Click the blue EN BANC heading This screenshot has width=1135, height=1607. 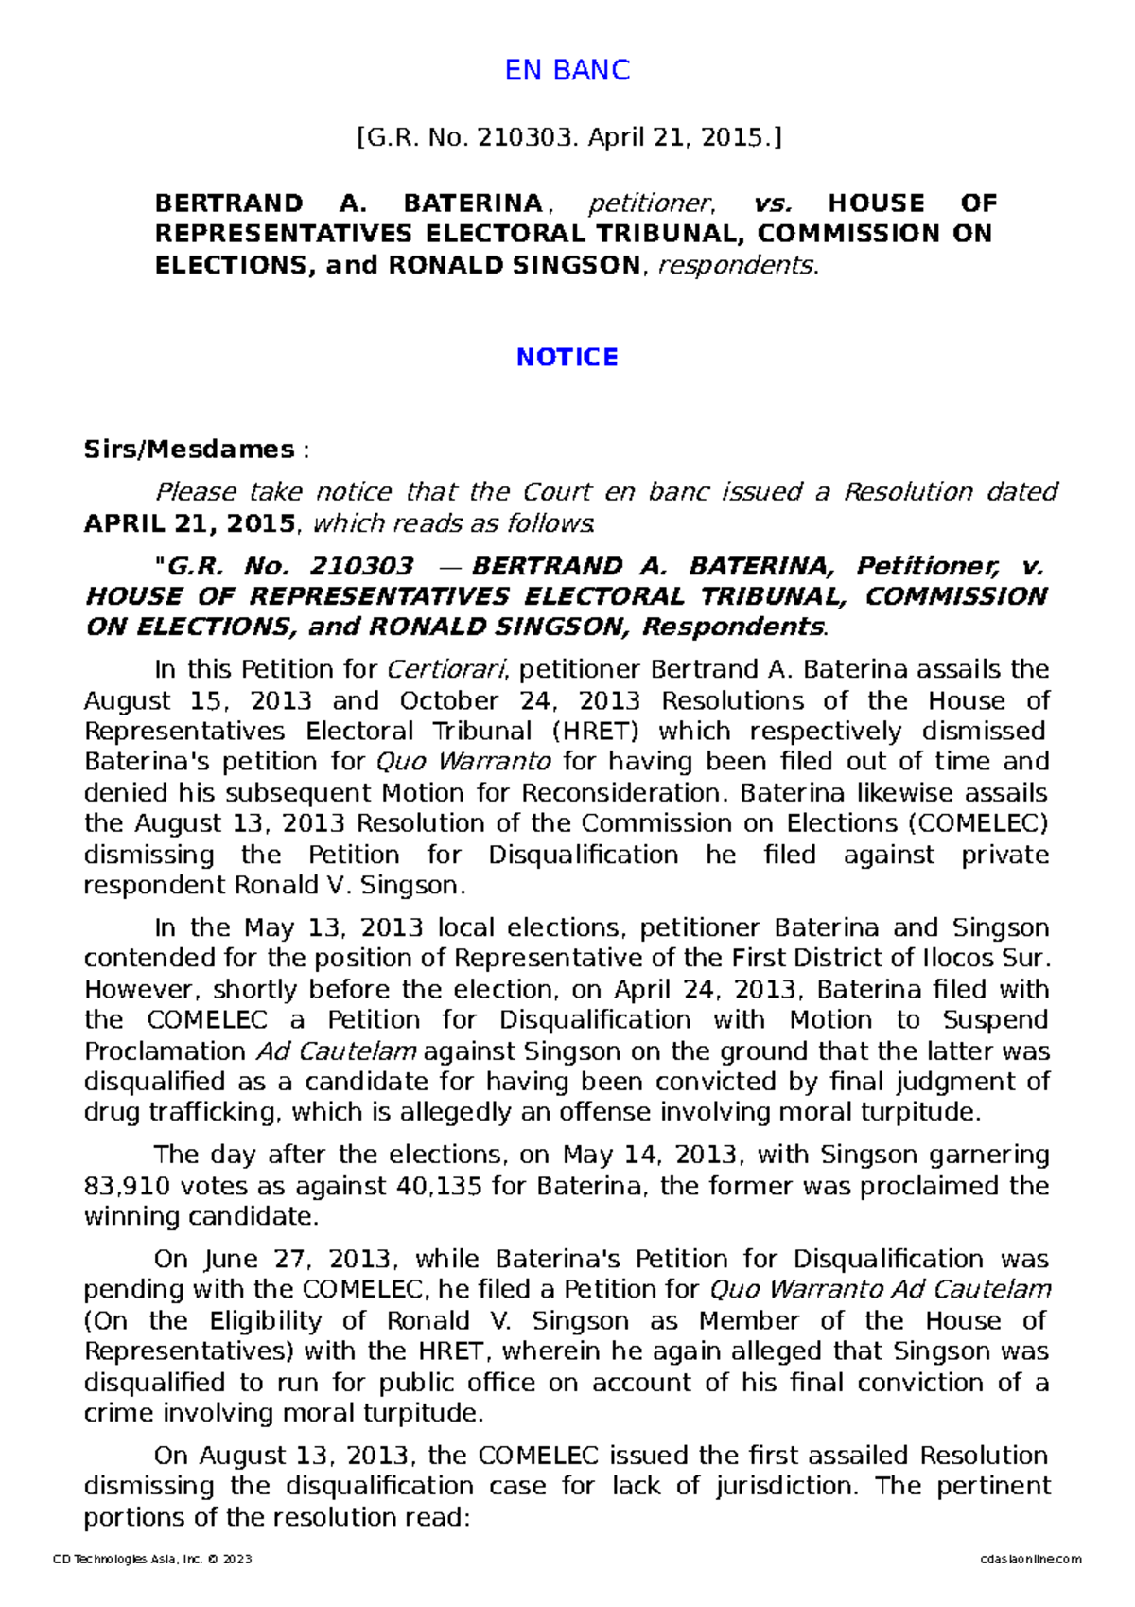click(x=567, y=70)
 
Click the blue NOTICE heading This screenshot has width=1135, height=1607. click(x=567, y=357)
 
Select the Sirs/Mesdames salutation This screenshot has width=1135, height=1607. click(x=189, y=449)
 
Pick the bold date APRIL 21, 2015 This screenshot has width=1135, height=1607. click(x=189, y=523)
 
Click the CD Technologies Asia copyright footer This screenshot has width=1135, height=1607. click(x=152, y=1559)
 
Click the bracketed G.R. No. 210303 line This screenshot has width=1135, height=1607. click(x=568, y=138)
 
